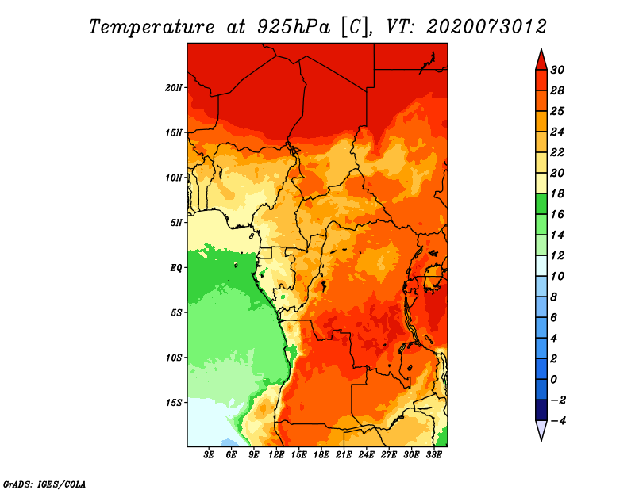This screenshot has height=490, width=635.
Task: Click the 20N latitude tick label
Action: [174, 87]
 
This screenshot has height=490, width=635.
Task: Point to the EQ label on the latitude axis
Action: [176, 267]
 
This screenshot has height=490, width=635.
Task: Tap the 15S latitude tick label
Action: [174, 402]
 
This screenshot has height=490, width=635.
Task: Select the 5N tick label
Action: [176, 222]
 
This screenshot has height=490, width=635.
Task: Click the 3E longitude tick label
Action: [210, 455]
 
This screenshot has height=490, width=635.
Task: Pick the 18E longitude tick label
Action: [321, 455]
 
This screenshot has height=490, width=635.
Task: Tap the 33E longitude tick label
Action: [433, 455]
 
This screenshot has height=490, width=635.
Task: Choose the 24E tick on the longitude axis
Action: [366, 455]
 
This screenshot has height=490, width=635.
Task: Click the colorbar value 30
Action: [568, 69]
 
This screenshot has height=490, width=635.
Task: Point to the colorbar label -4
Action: [568, 420]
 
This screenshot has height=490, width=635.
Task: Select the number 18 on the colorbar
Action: [568, 193]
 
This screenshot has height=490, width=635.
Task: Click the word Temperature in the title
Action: [149, 26]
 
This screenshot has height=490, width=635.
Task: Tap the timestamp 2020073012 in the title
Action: [487, 26]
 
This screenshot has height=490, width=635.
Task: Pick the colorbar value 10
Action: [568, 276]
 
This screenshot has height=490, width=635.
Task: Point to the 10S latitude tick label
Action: [174, 358]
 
